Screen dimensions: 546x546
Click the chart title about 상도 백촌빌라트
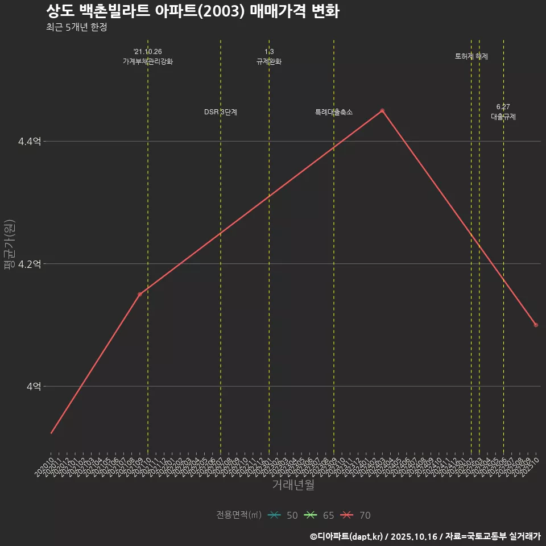click(192, 11)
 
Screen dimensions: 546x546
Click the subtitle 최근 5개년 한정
click(76, 27)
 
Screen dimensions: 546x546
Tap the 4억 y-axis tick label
click(34, 386)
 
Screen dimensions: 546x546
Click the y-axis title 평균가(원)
click(9, 245)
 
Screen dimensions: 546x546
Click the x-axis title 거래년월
click(293, 485)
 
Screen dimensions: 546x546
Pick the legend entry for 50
click(283, 515)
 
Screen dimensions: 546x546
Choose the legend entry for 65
click(319, 515)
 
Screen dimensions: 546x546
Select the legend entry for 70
click(355, 515)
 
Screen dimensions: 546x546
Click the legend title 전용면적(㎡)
click(238, 515)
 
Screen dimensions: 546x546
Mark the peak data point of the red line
click(382, 110)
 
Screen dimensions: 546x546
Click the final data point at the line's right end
click(536, 325)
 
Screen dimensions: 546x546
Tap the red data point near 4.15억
click(139, 294)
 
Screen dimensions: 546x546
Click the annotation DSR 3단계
click(221, 112)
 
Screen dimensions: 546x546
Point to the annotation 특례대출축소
click(334, 112)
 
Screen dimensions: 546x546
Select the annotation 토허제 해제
click(471, 56)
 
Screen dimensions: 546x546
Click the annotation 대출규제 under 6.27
click(503, 117)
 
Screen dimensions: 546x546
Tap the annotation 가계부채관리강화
click(148, 61)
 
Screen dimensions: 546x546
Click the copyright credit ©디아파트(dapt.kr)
click(347, 536)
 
